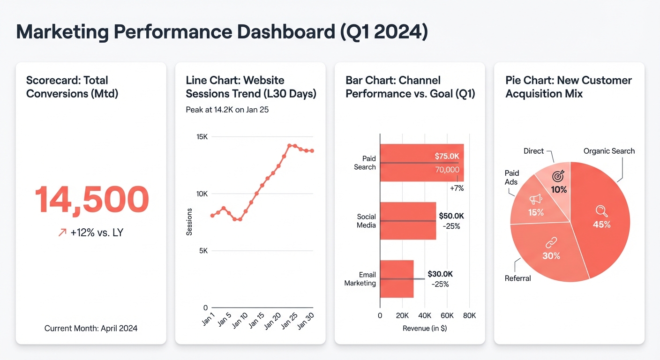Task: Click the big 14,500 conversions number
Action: click(91, 200)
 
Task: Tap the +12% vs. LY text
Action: click(96, 232)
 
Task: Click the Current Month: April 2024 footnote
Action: click(91, 328)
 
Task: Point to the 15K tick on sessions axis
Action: click(202, 137)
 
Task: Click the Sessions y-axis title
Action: click(189, 222)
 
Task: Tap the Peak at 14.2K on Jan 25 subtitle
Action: click(227, 110)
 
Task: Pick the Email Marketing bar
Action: click(397, 279)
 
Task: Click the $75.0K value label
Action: click(447, 156)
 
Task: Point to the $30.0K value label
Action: click(440, 274)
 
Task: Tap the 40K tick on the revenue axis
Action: click(425, 315)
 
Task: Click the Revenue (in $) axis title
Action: click(425, 328)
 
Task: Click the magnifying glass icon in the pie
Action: click(600, 210)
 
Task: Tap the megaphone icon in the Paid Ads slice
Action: click(535, 200)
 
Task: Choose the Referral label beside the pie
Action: click(517, 278)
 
